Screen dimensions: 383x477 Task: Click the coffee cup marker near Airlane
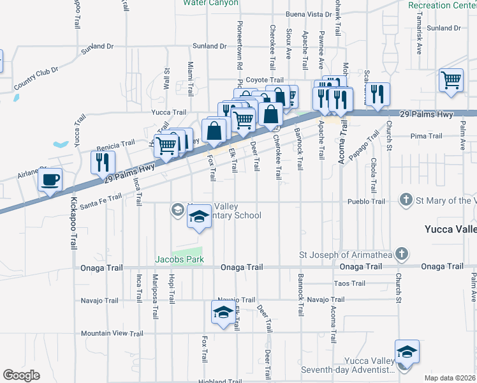[x=50, y=180]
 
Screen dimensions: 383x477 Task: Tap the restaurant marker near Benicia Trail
[x=102, y=163]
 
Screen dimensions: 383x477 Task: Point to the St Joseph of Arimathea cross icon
[x=401, y=255]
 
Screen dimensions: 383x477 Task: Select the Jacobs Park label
[x=179, y=260]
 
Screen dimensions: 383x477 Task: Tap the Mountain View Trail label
[x=112, y=333]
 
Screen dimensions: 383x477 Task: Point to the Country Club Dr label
[x=36, y=77]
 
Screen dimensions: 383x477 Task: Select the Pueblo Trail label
[x=366, y=201]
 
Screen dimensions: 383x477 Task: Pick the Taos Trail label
[x=349, y=283]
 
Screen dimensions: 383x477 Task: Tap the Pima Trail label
[x=427, y=136]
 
